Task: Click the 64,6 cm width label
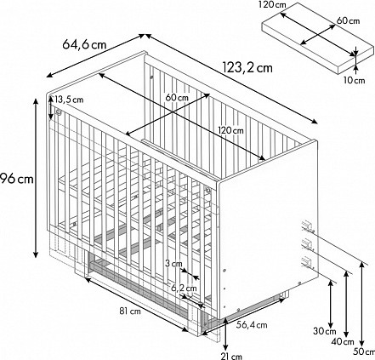pyautogui.click(x=84, y=44)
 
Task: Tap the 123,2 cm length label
pyautogui.click(x=247, y=68)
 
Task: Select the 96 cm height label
pyautogui.click(x=17, y=180)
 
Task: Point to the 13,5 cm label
pyautogui.click(x=69, y=100)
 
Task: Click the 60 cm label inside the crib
pyautogui.click(x=177, y=98)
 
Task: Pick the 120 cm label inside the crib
pyautogui.click(x=230, y=130)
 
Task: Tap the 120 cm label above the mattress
pyautogui.click(x=272, y=5)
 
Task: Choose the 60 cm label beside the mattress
pyautogui.click(x=348, y=20)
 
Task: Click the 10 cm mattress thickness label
pyautogui.click(x=355, y=80)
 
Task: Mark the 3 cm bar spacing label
pyautogui.click(x=173, y=264)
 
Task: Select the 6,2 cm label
pyautogui.click(x=184, y=288)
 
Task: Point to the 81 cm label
pyautogui.click(x=130, y=311)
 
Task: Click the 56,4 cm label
pyautogui.click(x=252, y=325)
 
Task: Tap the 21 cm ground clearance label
pyautogui.click(x=231, y=357)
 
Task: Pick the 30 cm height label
pyautogui.click(x=325, y=331)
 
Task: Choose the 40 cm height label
pyautogui.click(x=343, y=342)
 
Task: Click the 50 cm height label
pyautogui.click(x=364, y=352)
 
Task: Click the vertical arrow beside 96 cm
pyautogui.click(x=36, y=178)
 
